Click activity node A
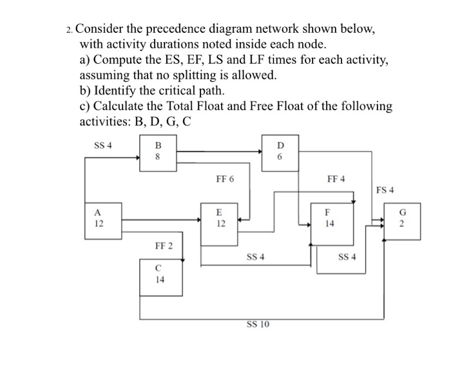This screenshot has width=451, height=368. [99, 218]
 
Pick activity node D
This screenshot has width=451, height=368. [280, 153]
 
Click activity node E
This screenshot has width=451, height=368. [219, 219]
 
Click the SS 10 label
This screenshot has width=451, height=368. [257, 324]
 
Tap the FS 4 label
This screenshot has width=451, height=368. [385, 189]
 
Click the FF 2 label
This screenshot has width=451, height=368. [164, 246]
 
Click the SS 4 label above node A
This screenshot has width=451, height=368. [103, 145]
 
